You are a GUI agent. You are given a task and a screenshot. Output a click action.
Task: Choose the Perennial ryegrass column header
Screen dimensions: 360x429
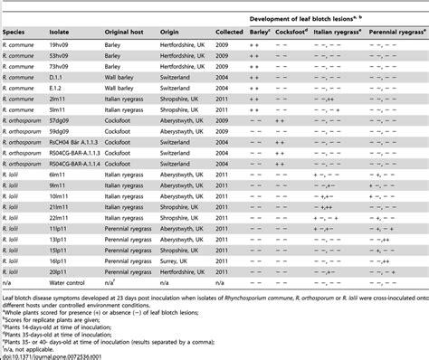pyautogui.click(x=393, y=28)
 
